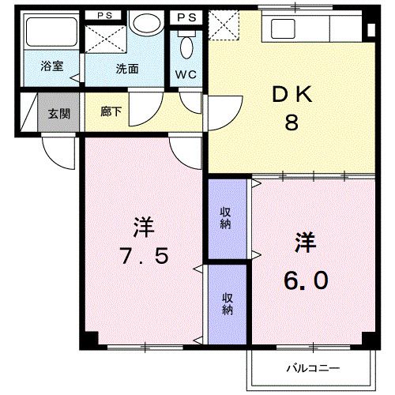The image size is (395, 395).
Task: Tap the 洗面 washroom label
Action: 128,69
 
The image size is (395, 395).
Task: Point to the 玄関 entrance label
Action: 58,113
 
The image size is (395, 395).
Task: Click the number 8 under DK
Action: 291,124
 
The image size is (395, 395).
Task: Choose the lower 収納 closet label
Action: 228,303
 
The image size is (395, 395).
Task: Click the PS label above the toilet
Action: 187,17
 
